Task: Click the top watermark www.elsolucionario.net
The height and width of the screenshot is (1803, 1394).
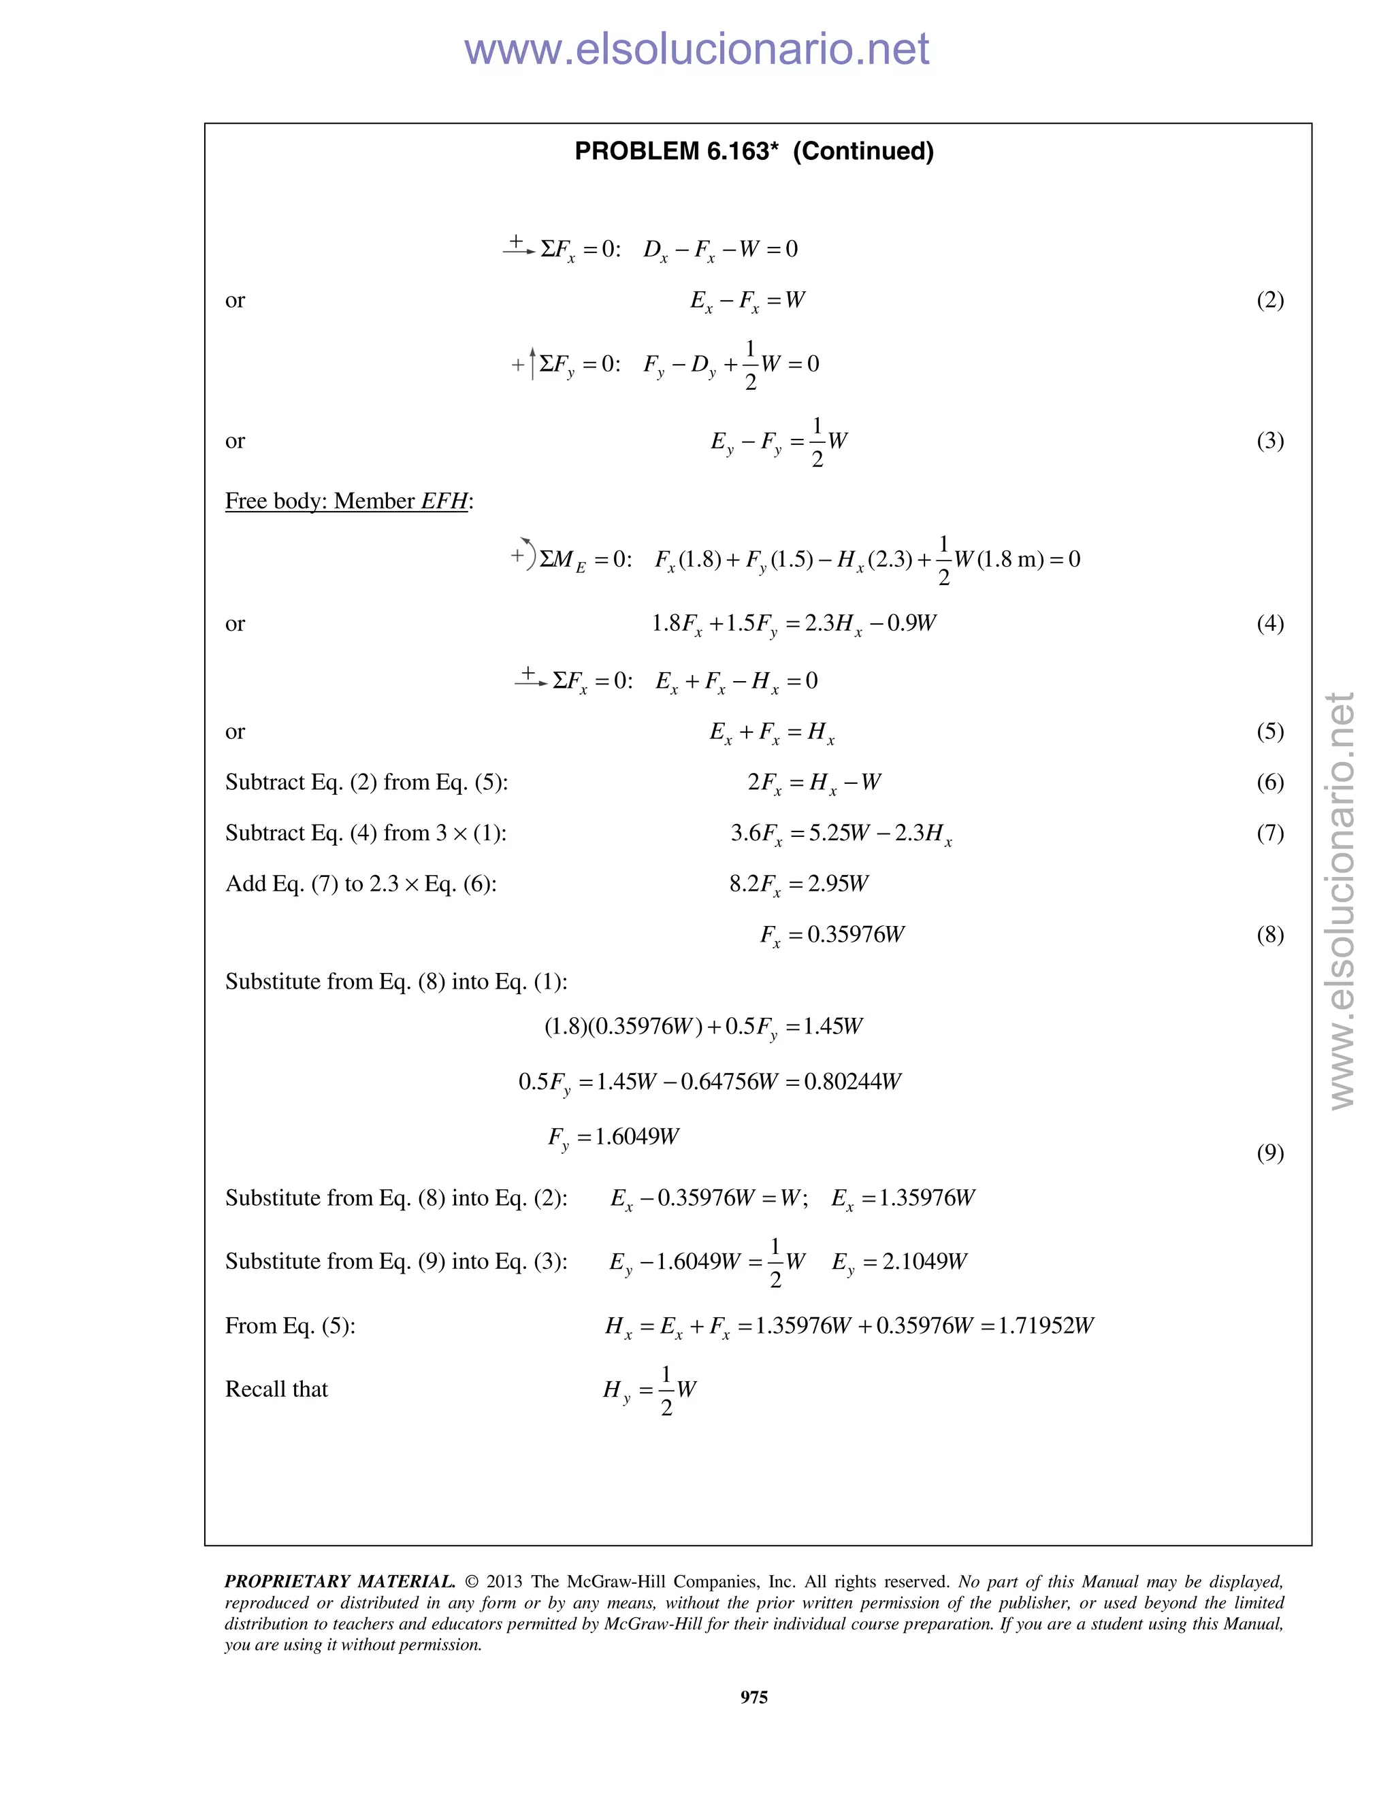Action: [696, 50]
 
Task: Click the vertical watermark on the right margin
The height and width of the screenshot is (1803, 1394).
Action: [1341, 900]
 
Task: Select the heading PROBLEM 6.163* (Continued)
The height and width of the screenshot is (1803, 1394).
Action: [754, 152]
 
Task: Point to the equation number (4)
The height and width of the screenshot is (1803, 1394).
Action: [1269, 623]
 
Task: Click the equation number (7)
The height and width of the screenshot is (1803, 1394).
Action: [1269, 833]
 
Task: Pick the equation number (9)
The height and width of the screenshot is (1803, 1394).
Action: [1269, 1153]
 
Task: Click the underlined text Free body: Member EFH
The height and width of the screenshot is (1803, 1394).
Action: [348, 501]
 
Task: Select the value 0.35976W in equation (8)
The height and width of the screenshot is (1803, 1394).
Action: [856, 935]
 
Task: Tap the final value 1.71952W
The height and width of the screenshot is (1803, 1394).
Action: [1045, 1326]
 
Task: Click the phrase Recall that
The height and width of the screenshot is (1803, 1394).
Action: [276, 1389]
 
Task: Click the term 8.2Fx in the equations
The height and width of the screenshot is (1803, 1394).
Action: [755, 884]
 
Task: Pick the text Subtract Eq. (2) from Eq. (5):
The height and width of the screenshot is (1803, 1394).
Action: [367, 782]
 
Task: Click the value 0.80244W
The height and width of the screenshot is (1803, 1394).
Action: [852, 1082]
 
